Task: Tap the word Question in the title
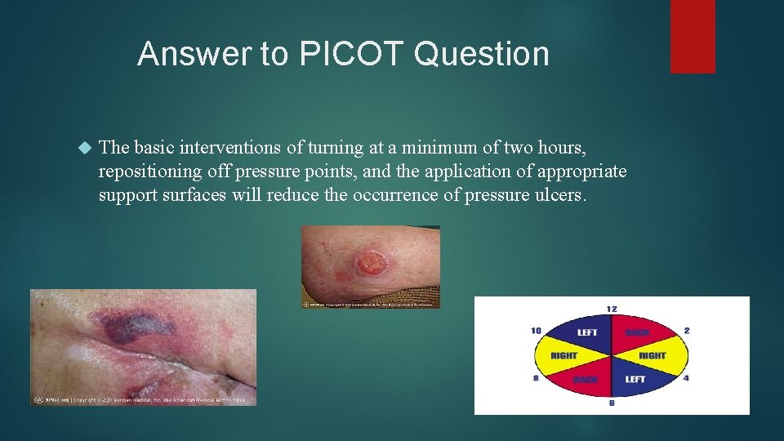pos(482,54)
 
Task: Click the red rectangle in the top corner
pos(693,36)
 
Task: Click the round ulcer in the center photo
pos(371,263)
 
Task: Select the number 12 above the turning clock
pos(612,309)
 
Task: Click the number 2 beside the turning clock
pos(687,330)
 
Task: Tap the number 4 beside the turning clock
pos(687,377)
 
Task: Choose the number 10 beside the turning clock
pos(536,330)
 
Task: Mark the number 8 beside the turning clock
pos(537,377)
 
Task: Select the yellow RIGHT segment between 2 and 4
pos(653,355)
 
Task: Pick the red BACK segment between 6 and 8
pos(586,380)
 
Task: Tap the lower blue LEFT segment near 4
pos(635,379)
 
